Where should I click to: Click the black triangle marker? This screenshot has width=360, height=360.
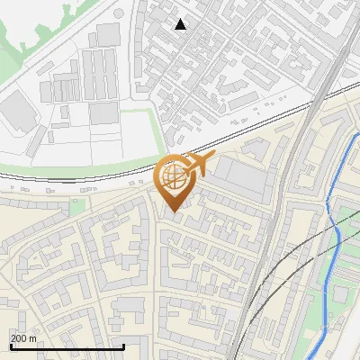(x=181, y=24)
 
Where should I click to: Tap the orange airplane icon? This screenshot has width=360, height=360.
(x=201, y=164)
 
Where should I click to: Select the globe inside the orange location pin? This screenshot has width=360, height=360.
(x=173, y=178)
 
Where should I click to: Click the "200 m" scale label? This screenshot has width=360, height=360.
(x=24, y=338)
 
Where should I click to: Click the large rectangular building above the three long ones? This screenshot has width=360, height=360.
(x=108, y=34)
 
